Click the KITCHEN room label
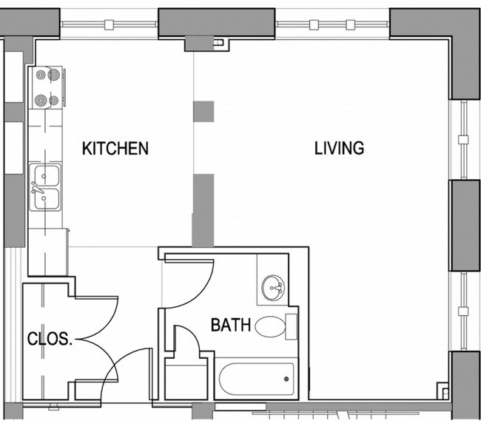(x=115, y=148)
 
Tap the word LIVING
(x=339, y=148)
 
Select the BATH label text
(x=230, y=325)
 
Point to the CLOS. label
(x=50, y=340)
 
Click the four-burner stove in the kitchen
(x=46, y=88)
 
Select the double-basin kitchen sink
(x=46, y=187)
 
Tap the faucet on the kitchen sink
(x=37, y=189)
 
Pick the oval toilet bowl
(x=269, y=326)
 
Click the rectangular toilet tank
(x=292, y=326)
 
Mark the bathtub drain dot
(x=286, y=380)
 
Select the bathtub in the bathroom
(x=257, y=379)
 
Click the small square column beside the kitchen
(x=203, y=111)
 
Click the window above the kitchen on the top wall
(x=109, y=24)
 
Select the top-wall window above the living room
(x=332, y=24)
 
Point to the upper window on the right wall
(x=463, y=139)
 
